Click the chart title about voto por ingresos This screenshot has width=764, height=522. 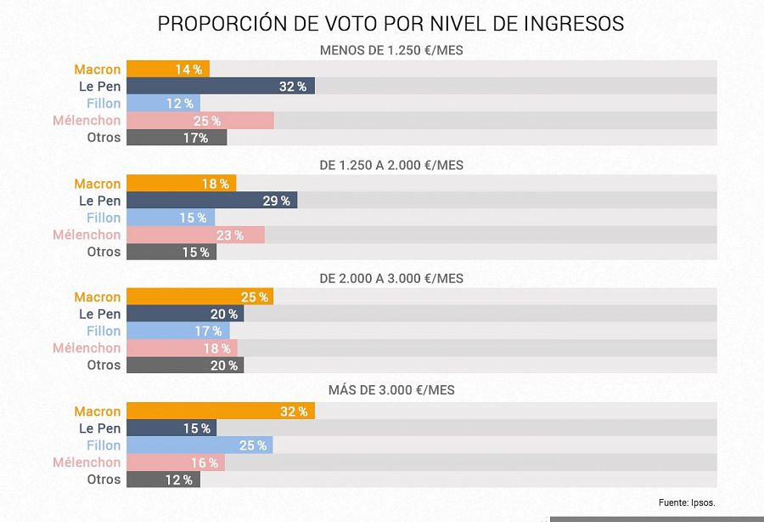tap(390, 23)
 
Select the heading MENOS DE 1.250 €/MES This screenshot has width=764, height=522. tap(390, 50)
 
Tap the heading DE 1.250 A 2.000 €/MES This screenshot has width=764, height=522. tap(390, 165)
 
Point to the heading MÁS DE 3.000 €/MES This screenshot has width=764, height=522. tap(390, 390)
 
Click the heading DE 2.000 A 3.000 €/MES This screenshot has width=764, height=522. tap(390, 278)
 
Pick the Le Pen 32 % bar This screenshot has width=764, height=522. tap(221, 87)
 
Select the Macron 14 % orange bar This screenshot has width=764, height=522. tap(167, 70)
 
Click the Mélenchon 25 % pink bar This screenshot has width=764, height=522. tap(199, 121)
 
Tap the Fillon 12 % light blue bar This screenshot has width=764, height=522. tap(163, 104)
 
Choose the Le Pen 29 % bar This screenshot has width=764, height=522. tap(211, 201)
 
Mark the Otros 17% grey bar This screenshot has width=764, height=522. tap(177, 138)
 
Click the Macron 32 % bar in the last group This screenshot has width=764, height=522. tap(221, 411)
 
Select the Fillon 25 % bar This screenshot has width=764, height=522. tap(199, 445)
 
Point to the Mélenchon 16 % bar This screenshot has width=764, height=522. tap(175, 462)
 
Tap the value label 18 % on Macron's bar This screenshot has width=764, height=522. tap(216, 184)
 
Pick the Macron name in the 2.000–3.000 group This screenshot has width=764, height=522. tap(98, 297)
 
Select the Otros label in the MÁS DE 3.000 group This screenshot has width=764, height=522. tap(104, 479)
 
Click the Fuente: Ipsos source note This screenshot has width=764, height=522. tap(693, 502)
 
